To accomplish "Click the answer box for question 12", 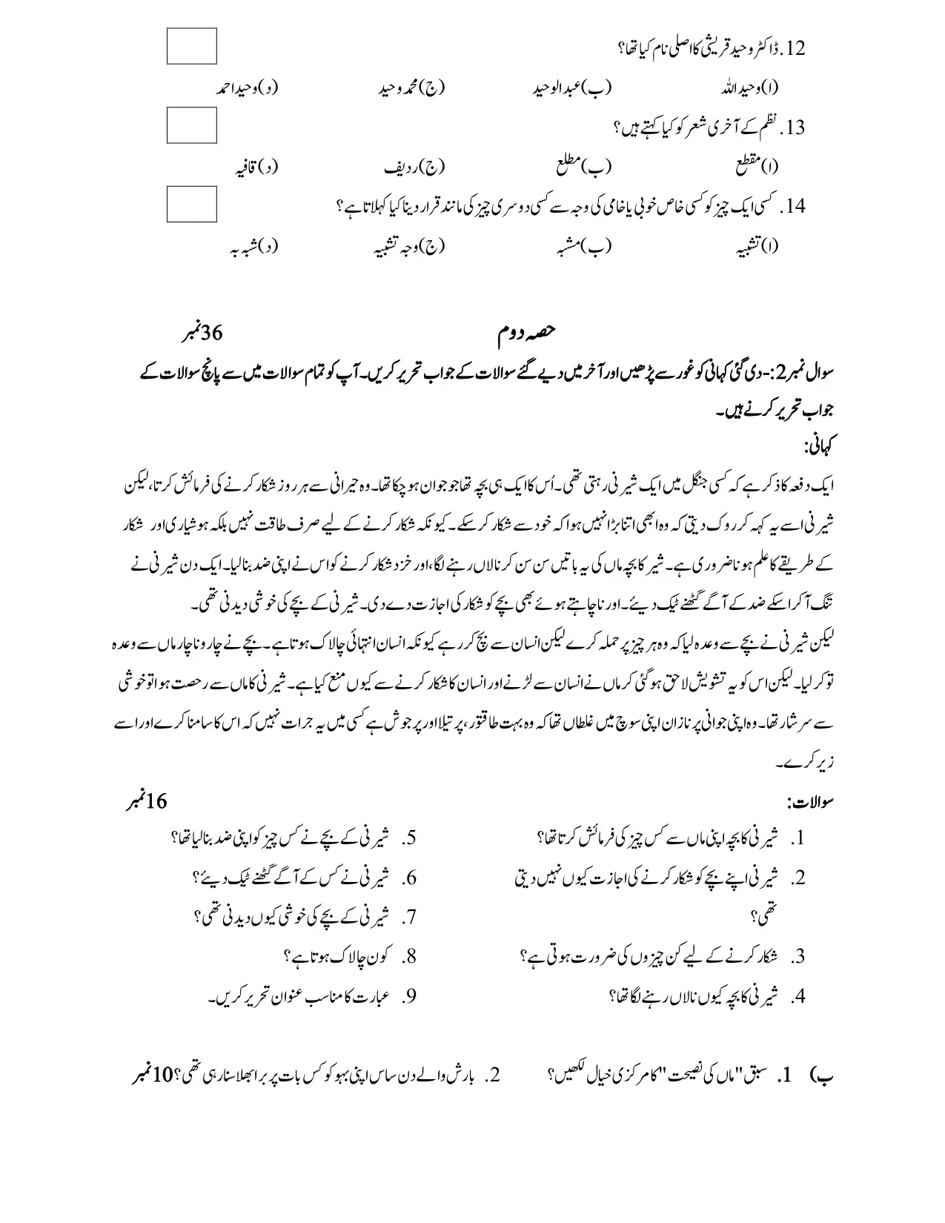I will pos(192,46).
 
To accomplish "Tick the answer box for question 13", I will pos(192,125).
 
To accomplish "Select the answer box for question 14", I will pos(192,204).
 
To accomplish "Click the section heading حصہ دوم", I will pos(528,334).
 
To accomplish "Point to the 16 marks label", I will pos(147,801).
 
